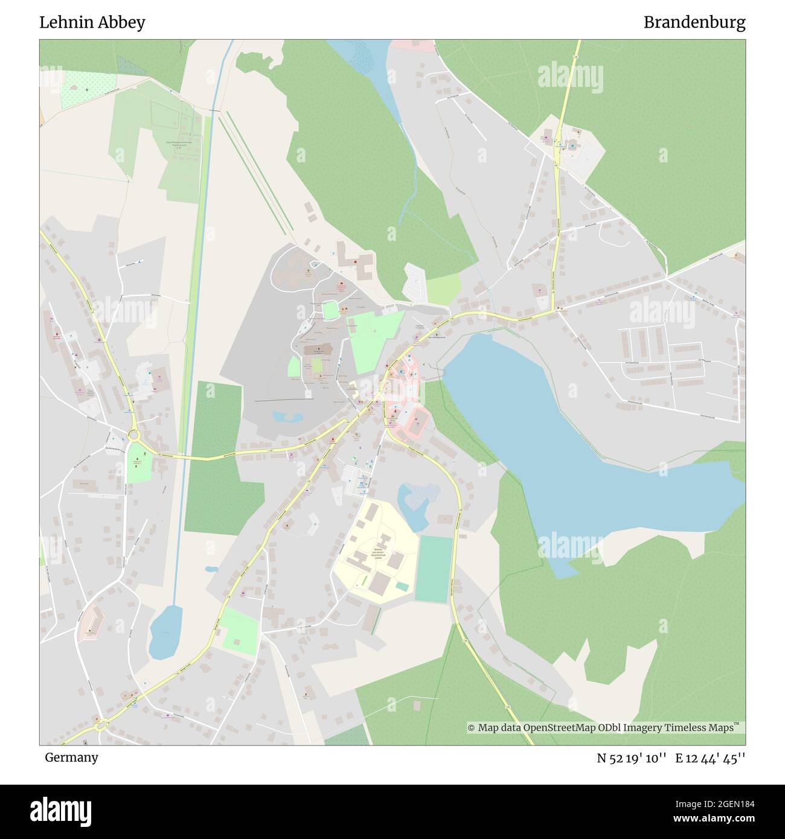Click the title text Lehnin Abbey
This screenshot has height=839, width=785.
coord(92,23)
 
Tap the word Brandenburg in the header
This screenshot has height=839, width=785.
coord(694,23)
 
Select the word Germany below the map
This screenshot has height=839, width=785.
coord(71,757)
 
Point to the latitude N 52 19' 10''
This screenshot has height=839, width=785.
coord(631,758)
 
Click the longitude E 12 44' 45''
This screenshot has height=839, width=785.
coord(710,758)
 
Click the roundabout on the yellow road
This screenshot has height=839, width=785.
coord(133,434)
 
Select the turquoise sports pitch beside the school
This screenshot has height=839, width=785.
coord(434,569)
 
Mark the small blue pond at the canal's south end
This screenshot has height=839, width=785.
coord(165,632)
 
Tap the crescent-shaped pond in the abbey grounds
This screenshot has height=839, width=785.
coord(287,416)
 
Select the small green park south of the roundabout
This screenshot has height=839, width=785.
coord(139,464)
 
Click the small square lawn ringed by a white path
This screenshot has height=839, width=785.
coord(329,310)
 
